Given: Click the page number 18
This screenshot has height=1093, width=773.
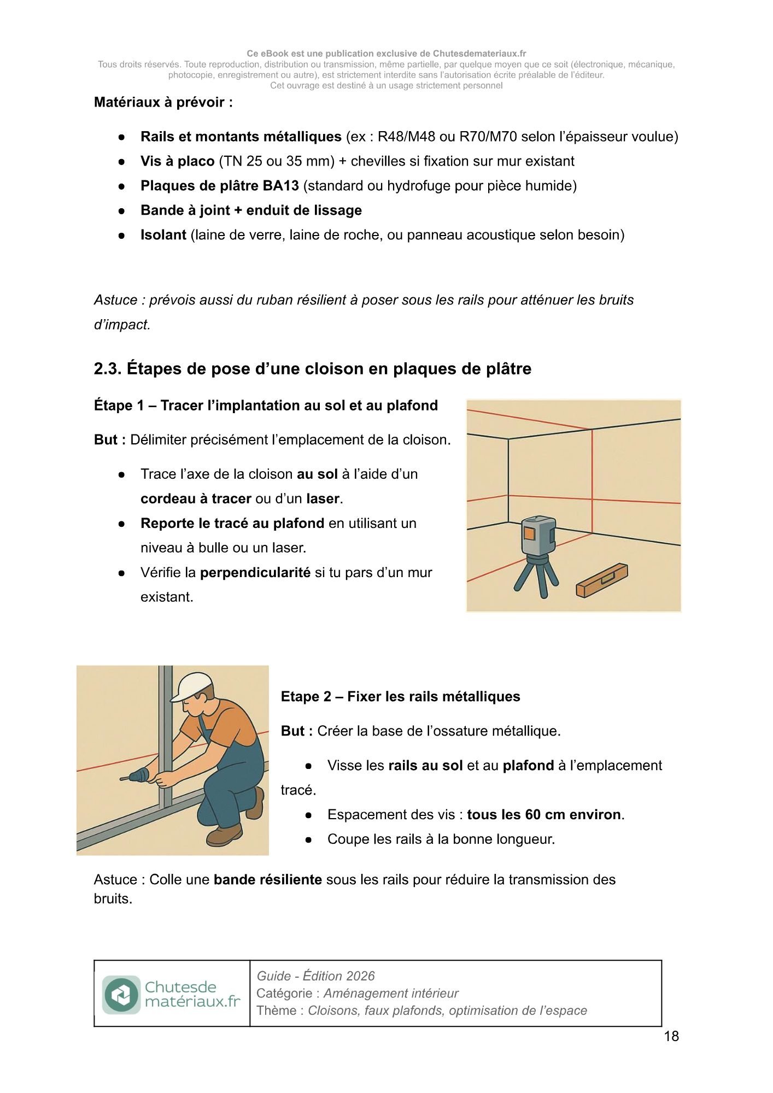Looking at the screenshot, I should pos(671,1036).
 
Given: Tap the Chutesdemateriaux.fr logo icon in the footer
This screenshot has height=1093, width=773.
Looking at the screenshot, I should pos(121,995).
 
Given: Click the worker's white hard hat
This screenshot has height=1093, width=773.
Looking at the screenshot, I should pos(191,686).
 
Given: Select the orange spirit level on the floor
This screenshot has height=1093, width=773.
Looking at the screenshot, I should pos(602,580).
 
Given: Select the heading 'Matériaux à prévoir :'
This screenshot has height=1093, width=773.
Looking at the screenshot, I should pos(163,102).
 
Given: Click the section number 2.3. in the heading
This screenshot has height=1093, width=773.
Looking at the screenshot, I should pos(107,369).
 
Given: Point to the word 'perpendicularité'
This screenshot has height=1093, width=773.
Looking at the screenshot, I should pos(255,573).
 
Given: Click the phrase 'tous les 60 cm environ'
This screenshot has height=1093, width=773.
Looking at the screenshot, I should pos(543,815).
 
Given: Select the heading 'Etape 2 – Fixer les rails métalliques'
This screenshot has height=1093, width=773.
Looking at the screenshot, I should pos(400,697).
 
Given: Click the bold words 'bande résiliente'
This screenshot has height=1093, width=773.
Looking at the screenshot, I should pos(267,880).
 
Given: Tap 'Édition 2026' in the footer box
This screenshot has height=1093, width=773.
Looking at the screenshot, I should pos(338,976).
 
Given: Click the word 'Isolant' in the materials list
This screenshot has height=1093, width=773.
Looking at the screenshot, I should pos(163,235).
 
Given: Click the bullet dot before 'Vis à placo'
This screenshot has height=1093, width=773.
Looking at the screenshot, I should pos(122,162).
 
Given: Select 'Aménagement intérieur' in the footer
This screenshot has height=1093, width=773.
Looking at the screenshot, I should pos(391,994).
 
